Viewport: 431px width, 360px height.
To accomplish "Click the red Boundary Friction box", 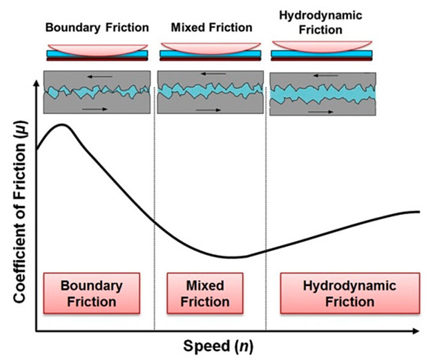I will click(x=92, y=293).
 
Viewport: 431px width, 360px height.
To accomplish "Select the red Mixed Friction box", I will click(x=205, y=293).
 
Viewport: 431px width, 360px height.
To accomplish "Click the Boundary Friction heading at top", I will click(x=97, y=27).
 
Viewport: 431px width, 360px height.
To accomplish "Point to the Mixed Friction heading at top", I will click(x=211, y=27).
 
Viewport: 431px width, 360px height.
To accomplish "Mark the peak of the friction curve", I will click(x=61, y=124).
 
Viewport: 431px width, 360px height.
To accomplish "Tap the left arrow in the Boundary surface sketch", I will click(x=89, y=76).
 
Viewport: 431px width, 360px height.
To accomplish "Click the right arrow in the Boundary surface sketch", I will click(x=95, y=109).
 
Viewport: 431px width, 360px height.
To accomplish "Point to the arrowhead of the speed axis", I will click(x=415, y=331).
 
